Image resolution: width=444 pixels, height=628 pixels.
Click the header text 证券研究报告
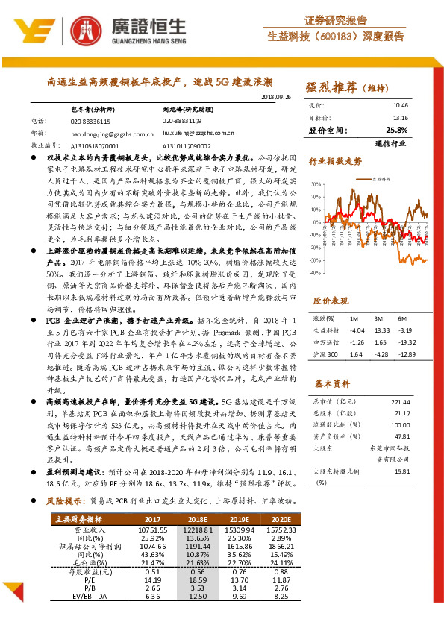(x=335, y=20)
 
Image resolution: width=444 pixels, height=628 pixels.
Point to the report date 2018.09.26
(x=276, y=98)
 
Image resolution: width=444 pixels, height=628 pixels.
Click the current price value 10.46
(x=401, y=106)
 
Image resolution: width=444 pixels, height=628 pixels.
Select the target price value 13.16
(x=401, y=118)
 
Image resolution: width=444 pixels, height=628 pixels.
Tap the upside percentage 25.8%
(x=398, y=130)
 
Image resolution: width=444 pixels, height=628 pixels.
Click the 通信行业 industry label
(x=393, y=143)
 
